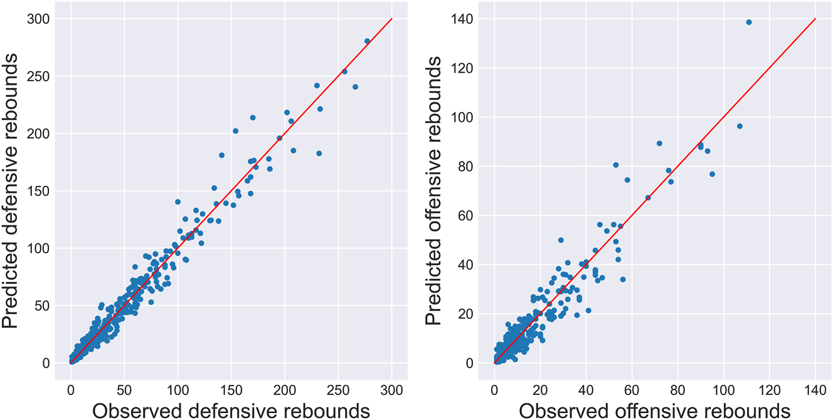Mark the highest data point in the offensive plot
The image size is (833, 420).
(x=748, y=22)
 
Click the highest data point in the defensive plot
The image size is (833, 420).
(x=368, y=41)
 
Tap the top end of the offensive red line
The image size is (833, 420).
(x=815, y=19)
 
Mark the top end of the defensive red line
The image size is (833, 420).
(x=392, y=19)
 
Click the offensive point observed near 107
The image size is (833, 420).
(x=740, y=126)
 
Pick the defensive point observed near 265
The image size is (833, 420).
(x=355, y=87)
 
